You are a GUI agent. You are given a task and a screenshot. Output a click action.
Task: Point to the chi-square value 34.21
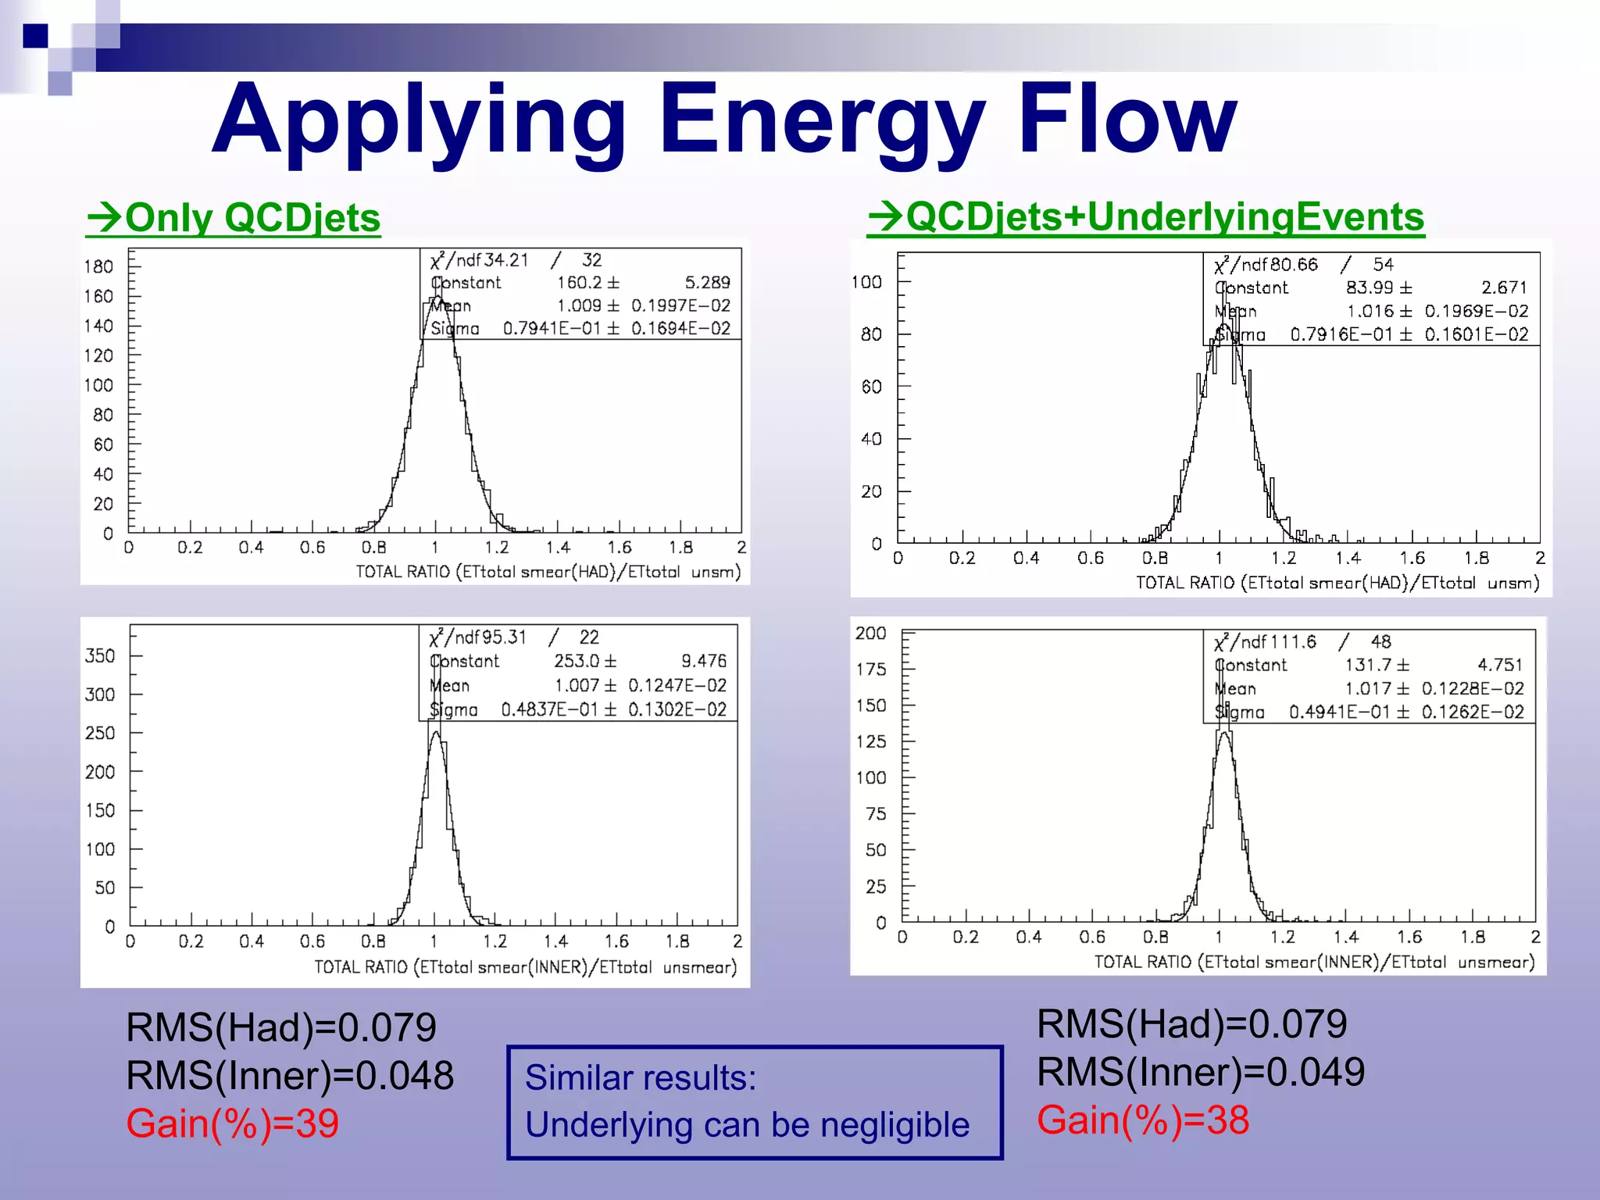[505, 260]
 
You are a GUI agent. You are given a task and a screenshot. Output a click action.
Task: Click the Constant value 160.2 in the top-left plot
[577, 283]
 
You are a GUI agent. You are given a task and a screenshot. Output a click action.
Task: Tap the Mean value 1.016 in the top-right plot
[1370, 311]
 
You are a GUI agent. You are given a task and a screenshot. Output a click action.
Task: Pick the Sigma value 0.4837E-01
[548, 709]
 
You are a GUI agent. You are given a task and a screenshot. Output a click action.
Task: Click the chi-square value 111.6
[1292, 642]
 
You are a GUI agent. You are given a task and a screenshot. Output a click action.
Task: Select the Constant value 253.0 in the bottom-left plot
[576, 661]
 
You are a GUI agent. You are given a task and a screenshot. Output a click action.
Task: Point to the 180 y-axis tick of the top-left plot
[99, 266]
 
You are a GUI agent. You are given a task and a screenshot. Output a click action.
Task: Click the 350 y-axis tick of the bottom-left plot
[100, 655]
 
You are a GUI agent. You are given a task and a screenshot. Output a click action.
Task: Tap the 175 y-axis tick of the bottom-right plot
[871, 669]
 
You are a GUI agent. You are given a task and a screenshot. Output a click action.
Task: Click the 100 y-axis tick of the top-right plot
[866, 281]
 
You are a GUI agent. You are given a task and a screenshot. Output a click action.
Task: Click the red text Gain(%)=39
[233, 1123]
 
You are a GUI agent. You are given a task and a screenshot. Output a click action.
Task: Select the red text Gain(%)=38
[1143, 1120]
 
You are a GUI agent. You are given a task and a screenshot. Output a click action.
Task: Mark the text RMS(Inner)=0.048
[290, 1075]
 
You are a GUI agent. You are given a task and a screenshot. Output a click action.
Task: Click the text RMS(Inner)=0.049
[1201, 1071]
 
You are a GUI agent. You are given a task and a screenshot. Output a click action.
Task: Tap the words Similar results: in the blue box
[641, 1077]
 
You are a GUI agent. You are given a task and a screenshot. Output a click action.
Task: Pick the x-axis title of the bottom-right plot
[1314, 962]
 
